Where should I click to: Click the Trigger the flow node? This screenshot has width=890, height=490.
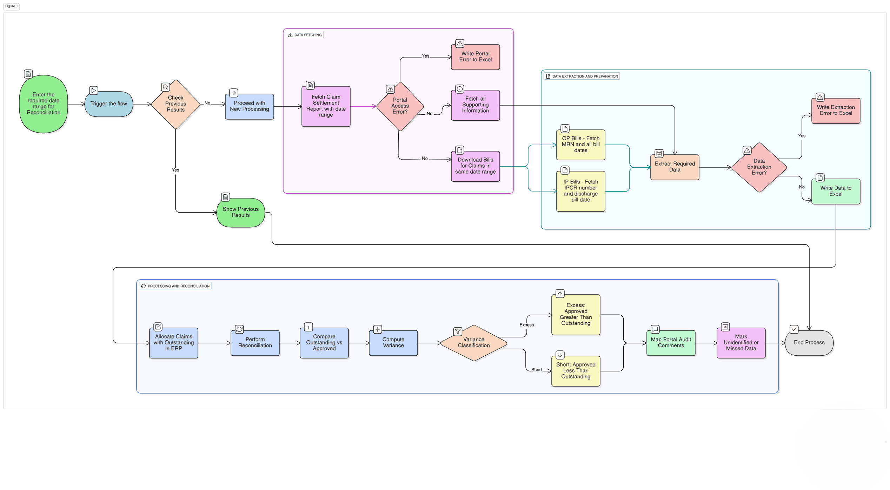click(x=109, y=104)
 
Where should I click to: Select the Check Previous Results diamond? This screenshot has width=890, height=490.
click(x=175, y=104)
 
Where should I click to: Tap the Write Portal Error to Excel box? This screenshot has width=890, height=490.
click(x=475, y=57)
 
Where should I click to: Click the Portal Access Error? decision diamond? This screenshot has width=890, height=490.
click(x=400, y=106)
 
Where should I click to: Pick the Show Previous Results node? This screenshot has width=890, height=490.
click(x=240, y=212)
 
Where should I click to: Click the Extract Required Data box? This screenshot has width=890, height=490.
click(x=674, y=167)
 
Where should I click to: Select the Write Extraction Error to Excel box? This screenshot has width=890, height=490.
click(x=835, y=110)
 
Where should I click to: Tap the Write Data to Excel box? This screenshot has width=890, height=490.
click(x=835, y=191)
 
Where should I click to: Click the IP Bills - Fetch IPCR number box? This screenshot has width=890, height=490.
click(x=580, y=191)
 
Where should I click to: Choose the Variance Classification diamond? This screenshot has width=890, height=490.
click(x=473, y=343)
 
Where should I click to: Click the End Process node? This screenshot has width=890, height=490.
click(x=809, y=343)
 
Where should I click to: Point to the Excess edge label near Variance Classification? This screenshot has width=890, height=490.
click(x=526, y=325)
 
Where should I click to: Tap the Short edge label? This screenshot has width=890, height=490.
click(x=536, y=370)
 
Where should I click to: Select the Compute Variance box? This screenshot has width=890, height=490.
click(x=393, y=343)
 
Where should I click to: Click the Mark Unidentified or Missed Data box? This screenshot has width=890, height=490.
click(x=740, y=343)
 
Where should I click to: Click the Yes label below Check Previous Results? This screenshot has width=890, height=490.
click(x=175, y=170)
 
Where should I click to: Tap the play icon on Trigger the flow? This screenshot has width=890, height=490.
click(x=93, y=90)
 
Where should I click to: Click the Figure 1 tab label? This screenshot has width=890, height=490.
click(x=11, y=6)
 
